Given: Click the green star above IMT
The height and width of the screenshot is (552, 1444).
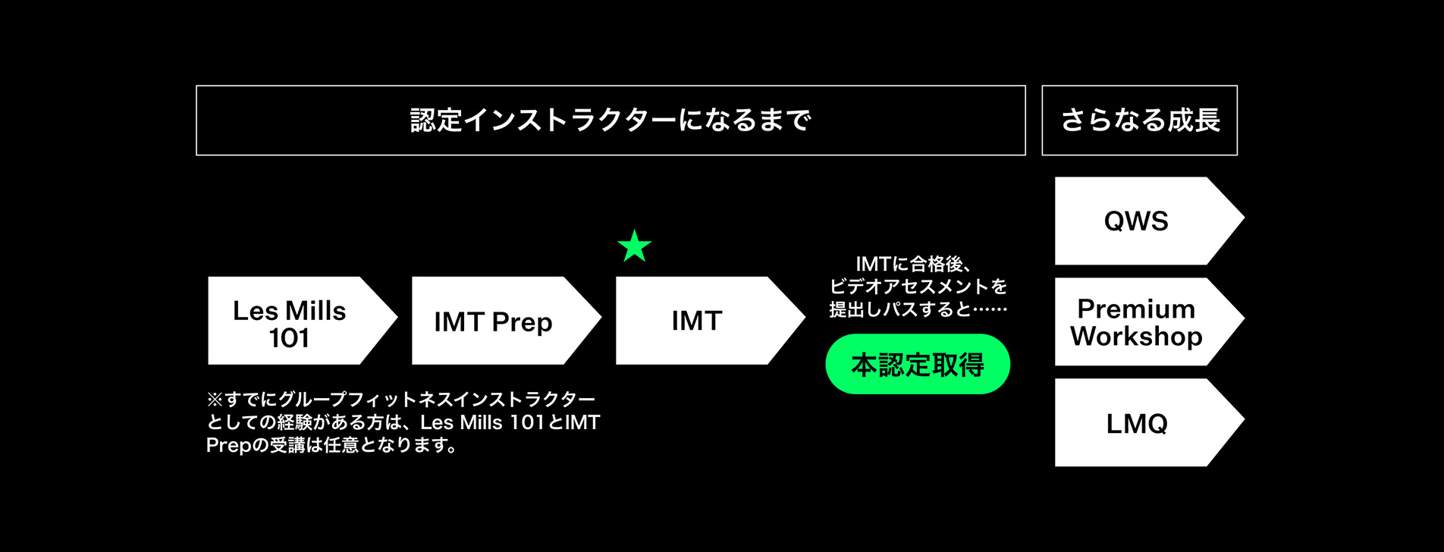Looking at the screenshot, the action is coord(634,246).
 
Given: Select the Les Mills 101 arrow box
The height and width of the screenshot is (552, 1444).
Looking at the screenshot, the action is coord(296,321).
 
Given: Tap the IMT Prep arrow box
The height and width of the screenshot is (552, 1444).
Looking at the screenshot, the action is coord(501,321).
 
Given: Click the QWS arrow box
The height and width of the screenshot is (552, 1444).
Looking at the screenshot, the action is coord(1141,221).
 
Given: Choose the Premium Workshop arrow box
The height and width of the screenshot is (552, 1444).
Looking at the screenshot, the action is coord(1141,321).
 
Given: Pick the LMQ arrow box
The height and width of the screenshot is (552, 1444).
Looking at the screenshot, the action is coord(1141,422).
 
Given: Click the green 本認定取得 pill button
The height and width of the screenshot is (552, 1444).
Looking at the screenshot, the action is coord(918,365).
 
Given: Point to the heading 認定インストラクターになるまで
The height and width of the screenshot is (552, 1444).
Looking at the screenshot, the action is coord(611,121).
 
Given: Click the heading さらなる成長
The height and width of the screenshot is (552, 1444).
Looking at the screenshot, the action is coord(1139,121).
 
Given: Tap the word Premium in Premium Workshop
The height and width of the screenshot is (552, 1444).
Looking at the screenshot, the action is coord(1135,309).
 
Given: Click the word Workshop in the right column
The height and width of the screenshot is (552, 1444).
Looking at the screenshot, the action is coord(1135,336).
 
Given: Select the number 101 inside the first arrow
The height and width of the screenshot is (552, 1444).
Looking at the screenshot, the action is coord(289,338).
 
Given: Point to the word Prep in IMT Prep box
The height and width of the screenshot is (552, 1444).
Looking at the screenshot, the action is coord(522,322).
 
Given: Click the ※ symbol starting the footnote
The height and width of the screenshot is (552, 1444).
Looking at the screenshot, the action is coord(215,400).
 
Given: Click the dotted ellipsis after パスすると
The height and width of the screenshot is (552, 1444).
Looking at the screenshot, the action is coord(989,309).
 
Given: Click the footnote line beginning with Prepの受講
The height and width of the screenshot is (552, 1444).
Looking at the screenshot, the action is coord(331,445).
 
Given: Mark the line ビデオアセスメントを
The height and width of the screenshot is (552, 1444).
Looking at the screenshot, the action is coord(918,287).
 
